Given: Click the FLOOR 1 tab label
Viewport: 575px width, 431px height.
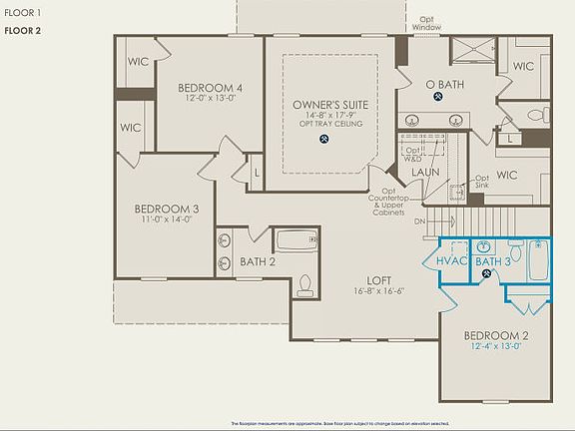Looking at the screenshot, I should pyautogui.click(x=23, y=13).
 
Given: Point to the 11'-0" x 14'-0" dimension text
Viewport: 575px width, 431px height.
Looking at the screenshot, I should pyautogui.click(x=168, y=219).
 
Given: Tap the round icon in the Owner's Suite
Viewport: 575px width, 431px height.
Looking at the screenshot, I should pyautogui.click(x=324, y=139).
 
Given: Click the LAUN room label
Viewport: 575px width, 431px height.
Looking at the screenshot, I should pyautogui.click(x=425, y=172).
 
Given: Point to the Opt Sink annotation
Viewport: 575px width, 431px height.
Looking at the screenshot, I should pyautogui.click(x=481, y=182).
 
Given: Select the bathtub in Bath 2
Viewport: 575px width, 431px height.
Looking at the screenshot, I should pyautogui.click(x=295, y=240).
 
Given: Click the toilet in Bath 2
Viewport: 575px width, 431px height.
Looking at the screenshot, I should pyautogui.click(x=305, y=285).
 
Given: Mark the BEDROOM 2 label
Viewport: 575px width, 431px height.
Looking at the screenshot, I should pyautogui.click(x=496, y=335).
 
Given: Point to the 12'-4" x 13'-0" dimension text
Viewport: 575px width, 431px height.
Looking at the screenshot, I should pyautogui.click(x=496, y=347).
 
